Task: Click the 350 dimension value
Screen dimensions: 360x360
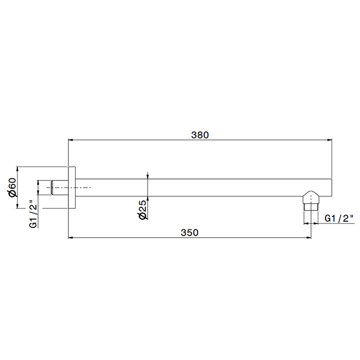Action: click(189, 232)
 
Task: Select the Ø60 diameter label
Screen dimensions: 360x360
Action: click(13, 187)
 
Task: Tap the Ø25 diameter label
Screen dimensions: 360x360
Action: click(143, 210)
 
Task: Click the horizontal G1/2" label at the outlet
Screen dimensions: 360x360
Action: click(340, 219)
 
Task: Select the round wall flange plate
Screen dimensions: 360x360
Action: click(72, 188)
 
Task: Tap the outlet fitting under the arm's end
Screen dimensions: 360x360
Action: click(311, 201)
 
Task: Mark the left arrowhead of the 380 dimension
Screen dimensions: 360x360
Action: click(71, 139)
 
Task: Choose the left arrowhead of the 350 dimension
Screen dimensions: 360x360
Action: click(71, 237)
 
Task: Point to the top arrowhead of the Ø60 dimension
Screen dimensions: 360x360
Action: click(18, 169)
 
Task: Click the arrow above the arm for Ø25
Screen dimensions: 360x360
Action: click(148, 176)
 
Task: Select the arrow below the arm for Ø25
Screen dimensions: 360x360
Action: click(148, 199)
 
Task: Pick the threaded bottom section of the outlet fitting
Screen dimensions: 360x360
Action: click(311, 207)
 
